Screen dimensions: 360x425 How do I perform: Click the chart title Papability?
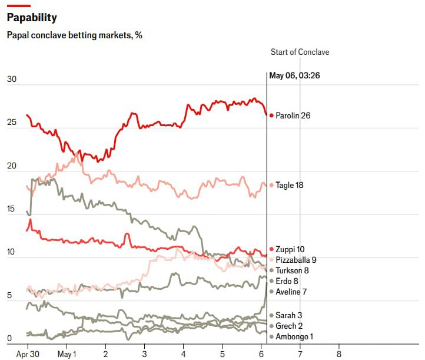pos(32,18)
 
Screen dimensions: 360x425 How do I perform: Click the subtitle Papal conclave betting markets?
pos(74,35)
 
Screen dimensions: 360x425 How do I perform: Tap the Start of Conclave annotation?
pos(300,52)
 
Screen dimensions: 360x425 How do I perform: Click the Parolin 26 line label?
pos(293,115)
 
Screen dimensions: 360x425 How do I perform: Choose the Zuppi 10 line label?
pos(290,249)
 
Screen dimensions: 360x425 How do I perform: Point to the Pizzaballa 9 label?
pos(296,260)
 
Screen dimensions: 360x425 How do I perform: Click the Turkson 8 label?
pos(292,270)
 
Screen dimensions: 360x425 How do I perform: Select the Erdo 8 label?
pos(287,281)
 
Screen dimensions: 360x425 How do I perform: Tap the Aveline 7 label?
pos(291,292)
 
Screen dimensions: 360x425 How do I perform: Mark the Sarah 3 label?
pos(289,316)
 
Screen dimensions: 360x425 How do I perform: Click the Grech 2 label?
pos(289,326)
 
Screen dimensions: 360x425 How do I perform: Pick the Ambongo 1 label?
pos(294,336)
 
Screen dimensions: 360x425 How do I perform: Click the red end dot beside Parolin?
pos(271,115)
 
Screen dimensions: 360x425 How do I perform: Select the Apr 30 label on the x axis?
pos(28,354)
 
